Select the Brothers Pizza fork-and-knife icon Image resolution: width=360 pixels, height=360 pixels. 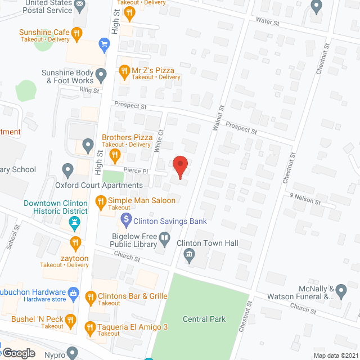tap(115, 154)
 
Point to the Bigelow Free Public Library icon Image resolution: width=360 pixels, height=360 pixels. tap(164, 241)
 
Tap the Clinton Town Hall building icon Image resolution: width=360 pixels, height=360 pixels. tap(190, 256)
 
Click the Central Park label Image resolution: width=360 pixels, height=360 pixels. tap(204, 319)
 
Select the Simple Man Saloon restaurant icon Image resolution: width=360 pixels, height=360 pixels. tap(101, 201)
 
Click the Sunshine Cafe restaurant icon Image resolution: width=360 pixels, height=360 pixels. tap(76, 33)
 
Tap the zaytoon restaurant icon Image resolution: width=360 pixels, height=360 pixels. tap(75, 243)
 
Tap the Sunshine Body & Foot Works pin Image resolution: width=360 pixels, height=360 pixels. tap(101, 74)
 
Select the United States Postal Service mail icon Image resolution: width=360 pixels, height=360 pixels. tap(80, 6)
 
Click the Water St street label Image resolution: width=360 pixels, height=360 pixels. tap(267, 22)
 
